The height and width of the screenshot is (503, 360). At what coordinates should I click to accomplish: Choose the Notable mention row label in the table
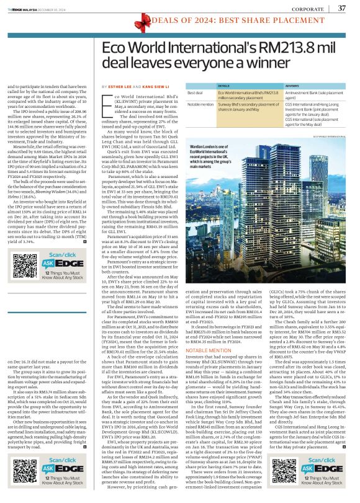pos(200,104)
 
